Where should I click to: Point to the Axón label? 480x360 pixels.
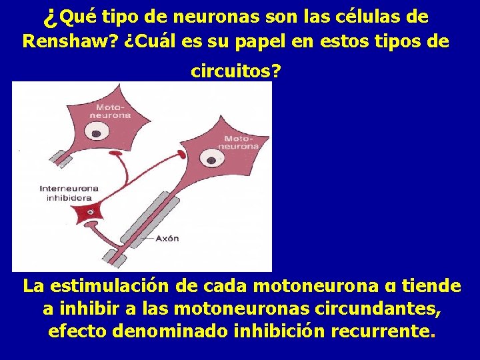(167, 237)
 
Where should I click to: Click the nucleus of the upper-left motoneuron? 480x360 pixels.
(97, 133)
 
